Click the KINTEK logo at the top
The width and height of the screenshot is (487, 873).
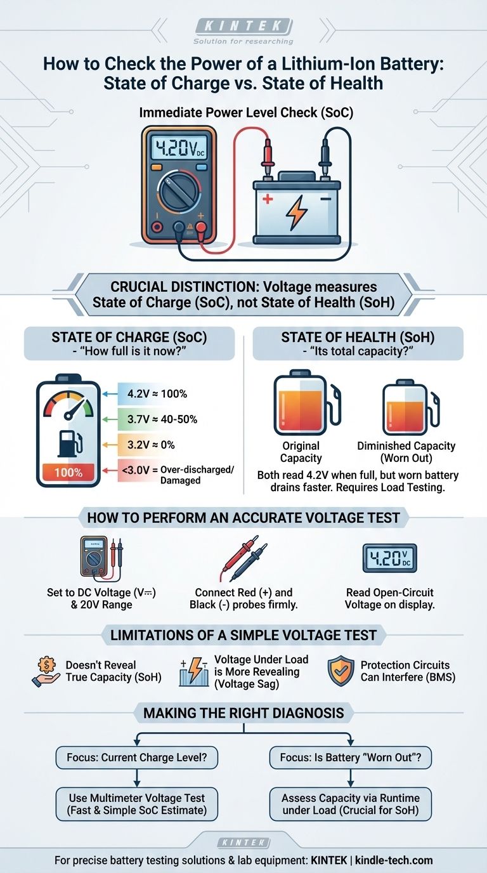coord(243,27)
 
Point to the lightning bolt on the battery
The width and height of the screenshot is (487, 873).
coord(297,213)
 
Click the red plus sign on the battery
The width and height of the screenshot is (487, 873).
coord(268,199)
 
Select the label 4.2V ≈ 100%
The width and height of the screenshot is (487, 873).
coord(157,393)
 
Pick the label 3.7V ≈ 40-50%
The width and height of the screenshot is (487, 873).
coord(162,419)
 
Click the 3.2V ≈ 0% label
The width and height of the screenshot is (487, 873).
coord(151,445)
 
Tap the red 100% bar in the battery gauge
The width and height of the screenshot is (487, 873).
coord(68,473)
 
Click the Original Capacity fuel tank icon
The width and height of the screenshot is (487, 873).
coord(306,403)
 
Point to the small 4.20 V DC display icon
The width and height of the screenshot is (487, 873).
coord(389,558)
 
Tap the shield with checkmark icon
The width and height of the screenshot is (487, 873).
coord(341,671)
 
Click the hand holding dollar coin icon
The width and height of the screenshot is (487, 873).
coord(46,671)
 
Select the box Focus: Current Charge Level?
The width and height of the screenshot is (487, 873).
coord(137,758)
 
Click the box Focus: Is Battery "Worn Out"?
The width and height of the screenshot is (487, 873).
coord(351,758)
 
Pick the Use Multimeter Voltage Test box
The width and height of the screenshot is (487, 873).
coord(137,804)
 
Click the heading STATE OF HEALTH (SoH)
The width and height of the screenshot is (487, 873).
coord(358,337)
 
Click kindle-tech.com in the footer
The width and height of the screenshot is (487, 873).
coord(394,860)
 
